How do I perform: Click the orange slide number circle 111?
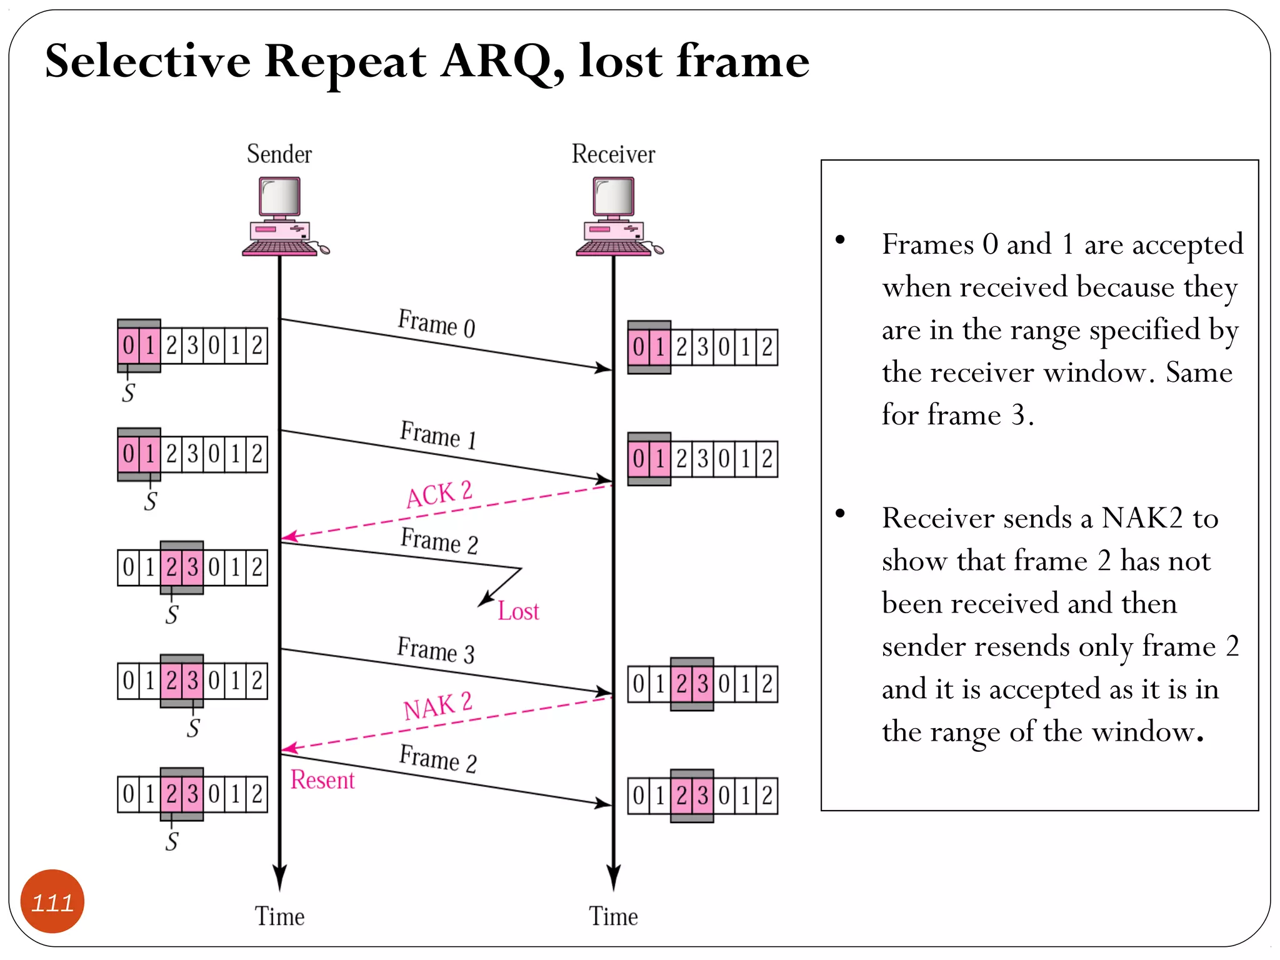pyautogui.click(x=52, y=902)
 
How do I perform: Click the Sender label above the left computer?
pyautogui.click(x=279, y=154)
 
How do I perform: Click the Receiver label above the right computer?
pyautogui.click(x=613, y=154)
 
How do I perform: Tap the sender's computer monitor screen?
pyautogui.click(x=280, y=196)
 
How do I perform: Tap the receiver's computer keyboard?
pyautogui.click(x=613, y=248)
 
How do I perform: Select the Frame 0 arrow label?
pyautogui.click(x=436, y=323)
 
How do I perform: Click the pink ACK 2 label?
pyautogui.click(x=439, y=494)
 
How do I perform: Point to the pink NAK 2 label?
pyautogui.click(x=437, y=706)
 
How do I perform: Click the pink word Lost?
pyautogui.click(x=518, y=611)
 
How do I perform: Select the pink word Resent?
pyautogui.click(x=322, y=780)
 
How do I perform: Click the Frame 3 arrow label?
pyautogui.click(x=436, y=650)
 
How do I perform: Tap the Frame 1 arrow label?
pyautogui.click(x=438, y=434)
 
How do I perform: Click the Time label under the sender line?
pyautogui.click(x=279, y=916)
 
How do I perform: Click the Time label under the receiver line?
pyautogui.click(x=613, y=916)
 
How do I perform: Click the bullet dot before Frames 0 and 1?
pyautogui.click(x=840, y=239)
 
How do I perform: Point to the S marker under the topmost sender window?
pyautogui.click(x=128, y=393)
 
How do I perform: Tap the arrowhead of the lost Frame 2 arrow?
pyautogui.click(x=484, y=601)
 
